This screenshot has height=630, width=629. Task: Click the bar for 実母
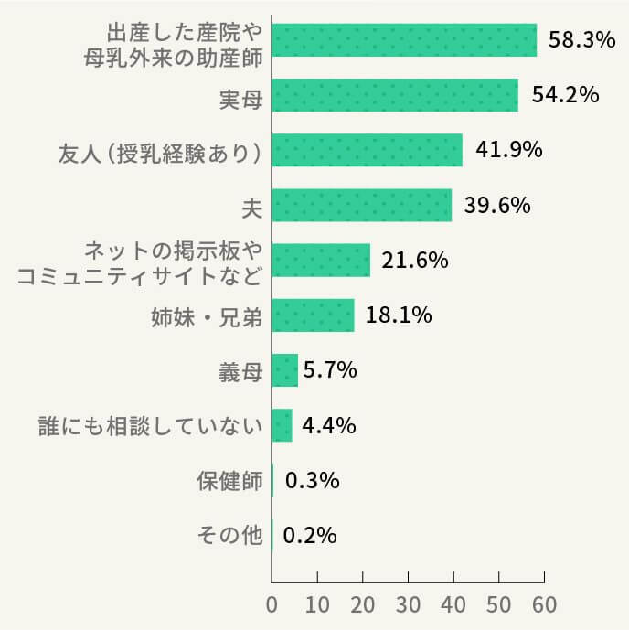click(395, 95)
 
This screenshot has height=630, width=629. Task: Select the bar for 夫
click(362, 205)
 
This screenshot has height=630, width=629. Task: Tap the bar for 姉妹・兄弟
click(313, 315)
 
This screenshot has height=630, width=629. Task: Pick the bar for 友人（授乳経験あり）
click(367, 150)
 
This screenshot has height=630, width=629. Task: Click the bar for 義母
click(285, 370)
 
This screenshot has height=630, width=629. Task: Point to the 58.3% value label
click(581, 40)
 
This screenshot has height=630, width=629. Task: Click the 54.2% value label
click(565, 95)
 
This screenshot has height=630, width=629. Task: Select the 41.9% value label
click(509, 150)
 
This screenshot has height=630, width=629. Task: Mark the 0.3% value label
click(313, 481)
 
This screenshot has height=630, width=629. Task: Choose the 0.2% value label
click(310, 536)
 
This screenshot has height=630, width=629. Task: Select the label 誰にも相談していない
click(151, 426)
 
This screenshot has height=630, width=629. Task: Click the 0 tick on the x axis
click(272, 605)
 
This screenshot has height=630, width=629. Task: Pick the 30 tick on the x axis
click(408, 605)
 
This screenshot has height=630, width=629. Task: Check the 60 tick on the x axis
click(544, 605)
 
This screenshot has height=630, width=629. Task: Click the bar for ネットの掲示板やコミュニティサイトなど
click(321, 261)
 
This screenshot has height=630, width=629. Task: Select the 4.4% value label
click(328, 426)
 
